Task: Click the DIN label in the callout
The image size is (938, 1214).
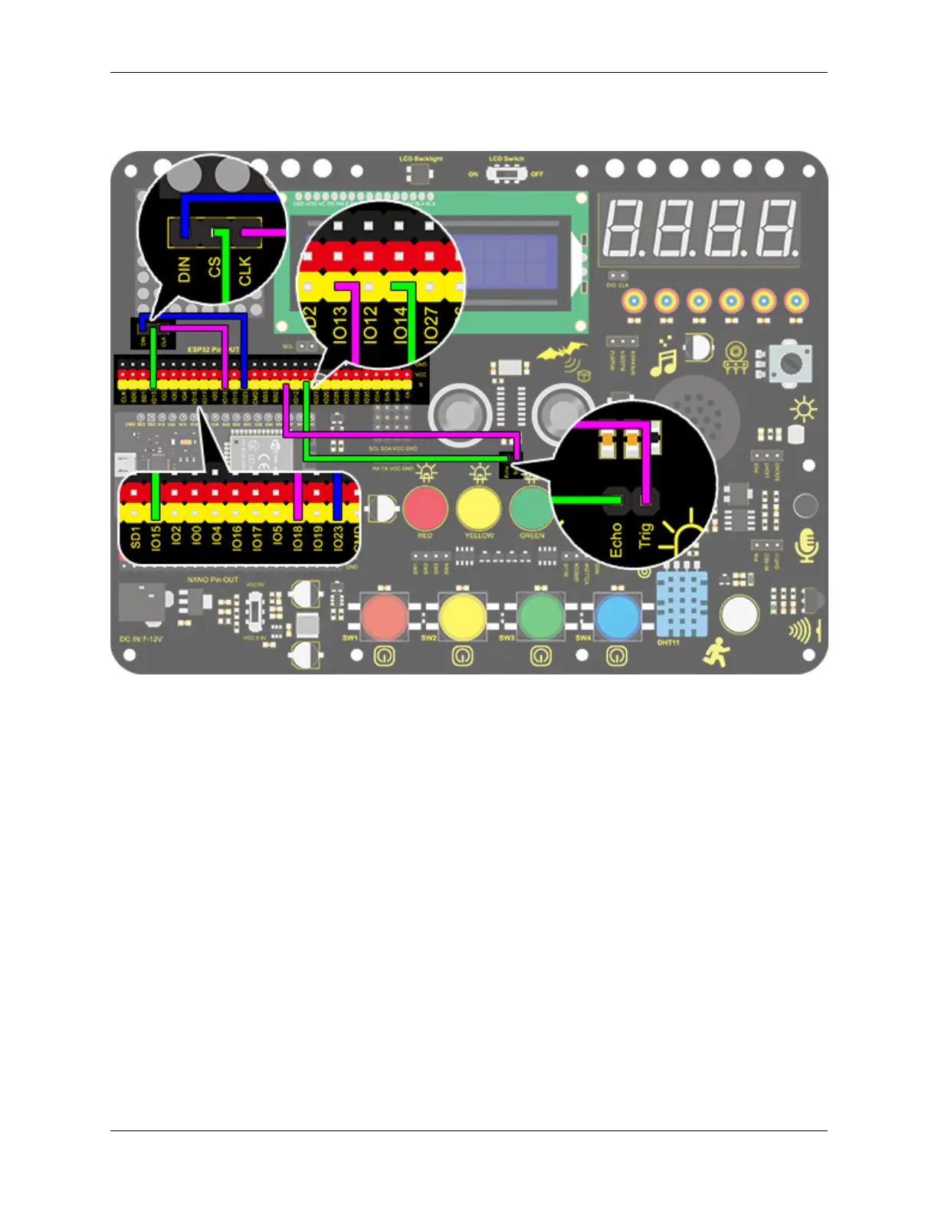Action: [x=185, y=269]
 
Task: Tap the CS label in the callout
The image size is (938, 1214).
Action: [x=214, y=267]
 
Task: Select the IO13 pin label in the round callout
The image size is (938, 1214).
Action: [x=340, y=323]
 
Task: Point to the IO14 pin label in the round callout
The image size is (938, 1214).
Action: [x=401, y=323]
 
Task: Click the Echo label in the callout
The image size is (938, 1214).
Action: [x=616, y=540]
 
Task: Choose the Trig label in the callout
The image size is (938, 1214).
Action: [x=645, y=533]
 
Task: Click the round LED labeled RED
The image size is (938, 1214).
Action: [x=425, y=507]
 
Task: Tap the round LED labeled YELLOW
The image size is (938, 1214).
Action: [x=479, y=507]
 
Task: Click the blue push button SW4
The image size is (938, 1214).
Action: [x=618, y=615]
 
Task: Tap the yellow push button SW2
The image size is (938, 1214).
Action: [x=462, y=615]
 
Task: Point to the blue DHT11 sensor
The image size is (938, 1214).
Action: [x=681, y=604]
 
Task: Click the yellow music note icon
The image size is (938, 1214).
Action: [x=663, y=358]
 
